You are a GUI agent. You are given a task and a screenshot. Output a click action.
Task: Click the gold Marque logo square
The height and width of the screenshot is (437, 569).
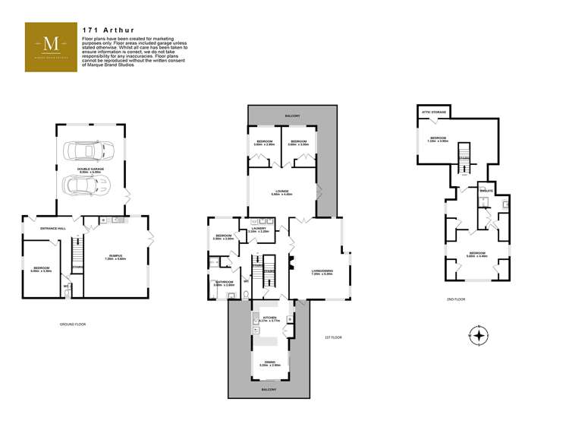tap(52, 47)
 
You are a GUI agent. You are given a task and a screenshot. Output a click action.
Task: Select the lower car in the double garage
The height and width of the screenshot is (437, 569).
tap(88, 183)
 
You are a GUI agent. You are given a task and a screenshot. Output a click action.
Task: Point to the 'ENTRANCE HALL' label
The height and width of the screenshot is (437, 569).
tap(42, 228)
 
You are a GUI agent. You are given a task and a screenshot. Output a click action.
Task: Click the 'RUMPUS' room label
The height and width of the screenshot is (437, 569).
tap(114, 256)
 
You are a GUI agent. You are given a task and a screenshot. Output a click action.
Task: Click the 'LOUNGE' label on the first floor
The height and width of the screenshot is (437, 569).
tap(281, 192)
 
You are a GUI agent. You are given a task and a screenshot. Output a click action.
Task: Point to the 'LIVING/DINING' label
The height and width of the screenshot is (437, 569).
tap(322, 271)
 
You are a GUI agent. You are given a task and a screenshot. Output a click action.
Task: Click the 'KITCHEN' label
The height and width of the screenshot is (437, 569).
tap(269, 317)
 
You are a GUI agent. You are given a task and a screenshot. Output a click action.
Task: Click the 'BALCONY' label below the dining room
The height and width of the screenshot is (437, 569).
tap(269, 389)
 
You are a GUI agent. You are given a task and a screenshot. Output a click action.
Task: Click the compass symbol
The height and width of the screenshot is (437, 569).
tap(478, 335)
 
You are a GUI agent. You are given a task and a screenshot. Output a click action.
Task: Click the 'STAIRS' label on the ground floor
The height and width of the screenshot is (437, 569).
tap(77, 267)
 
